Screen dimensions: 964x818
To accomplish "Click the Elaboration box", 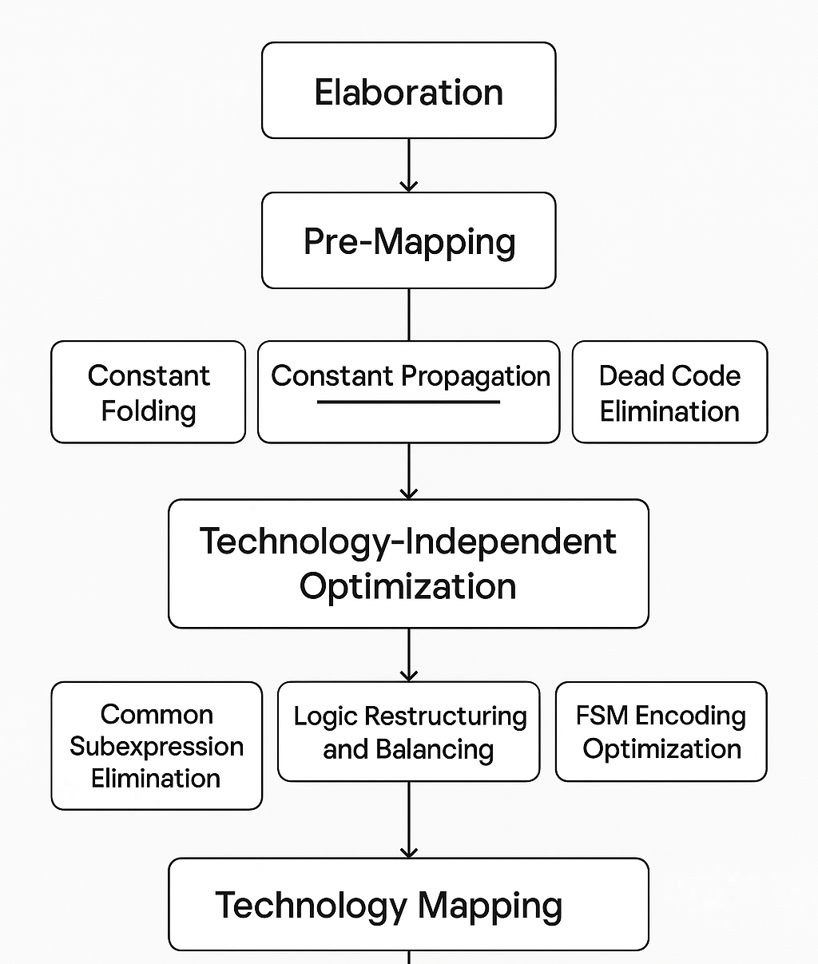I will point(408,91).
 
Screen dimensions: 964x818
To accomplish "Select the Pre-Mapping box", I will point(408,240).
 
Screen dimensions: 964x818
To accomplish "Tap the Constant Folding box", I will point(148,392).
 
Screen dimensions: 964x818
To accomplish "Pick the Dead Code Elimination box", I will point(669,392).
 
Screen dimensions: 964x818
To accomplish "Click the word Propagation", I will point(475,376).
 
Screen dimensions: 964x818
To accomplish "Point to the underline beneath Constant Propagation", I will point(408,402).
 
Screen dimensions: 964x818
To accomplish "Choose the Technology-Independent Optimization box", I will point(408,563).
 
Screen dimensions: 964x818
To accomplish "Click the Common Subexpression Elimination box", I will point(157,745).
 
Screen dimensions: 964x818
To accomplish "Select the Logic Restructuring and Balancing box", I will point(408,732).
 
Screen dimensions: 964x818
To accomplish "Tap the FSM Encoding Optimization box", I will point(661,732).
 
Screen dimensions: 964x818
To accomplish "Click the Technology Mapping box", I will point(408,904).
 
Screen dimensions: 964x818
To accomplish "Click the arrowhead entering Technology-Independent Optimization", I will point(408,493).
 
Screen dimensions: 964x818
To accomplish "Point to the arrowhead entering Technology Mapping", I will point(408,851).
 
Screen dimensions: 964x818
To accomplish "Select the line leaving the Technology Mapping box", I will point(408,957).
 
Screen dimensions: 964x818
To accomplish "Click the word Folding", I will point(149,411).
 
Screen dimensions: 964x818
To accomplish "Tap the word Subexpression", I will point(157,746).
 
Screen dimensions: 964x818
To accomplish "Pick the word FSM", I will point(602,716).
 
